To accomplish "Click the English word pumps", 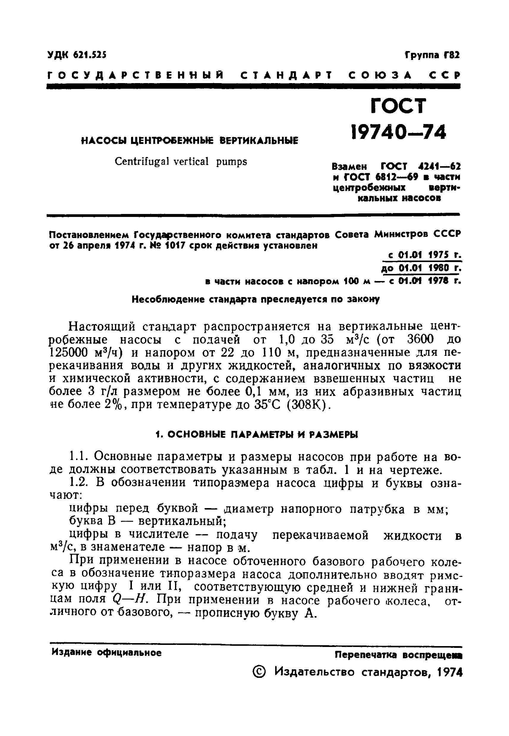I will tap(231, 162).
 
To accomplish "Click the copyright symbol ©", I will tap(259, 672).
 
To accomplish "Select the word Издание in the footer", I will tap(71, 653).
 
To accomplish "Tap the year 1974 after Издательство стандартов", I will tap(449, 672).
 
